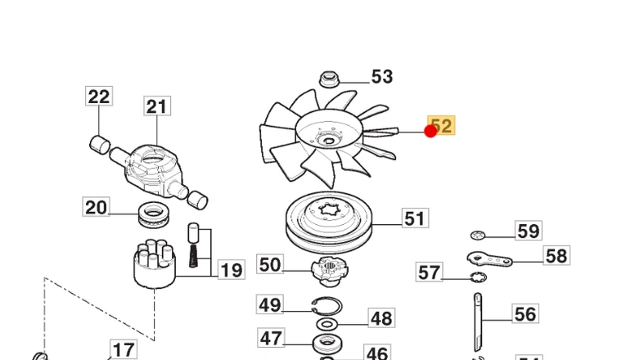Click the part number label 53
coord(381,77)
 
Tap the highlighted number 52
coord(442,126)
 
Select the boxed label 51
coord(415,218)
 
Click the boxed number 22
coord(99,97)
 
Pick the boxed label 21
coord(156,106)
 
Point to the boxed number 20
coord(96,208)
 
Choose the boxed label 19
coord(232,270)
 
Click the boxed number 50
coord(270,264)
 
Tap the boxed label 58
coord(556,256)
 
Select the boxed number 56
coord(525,313)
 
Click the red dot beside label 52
coord(430,131)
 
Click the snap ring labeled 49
coord(326,308)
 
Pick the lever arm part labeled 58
coord(489,260)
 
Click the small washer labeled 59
coord(480,236)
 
